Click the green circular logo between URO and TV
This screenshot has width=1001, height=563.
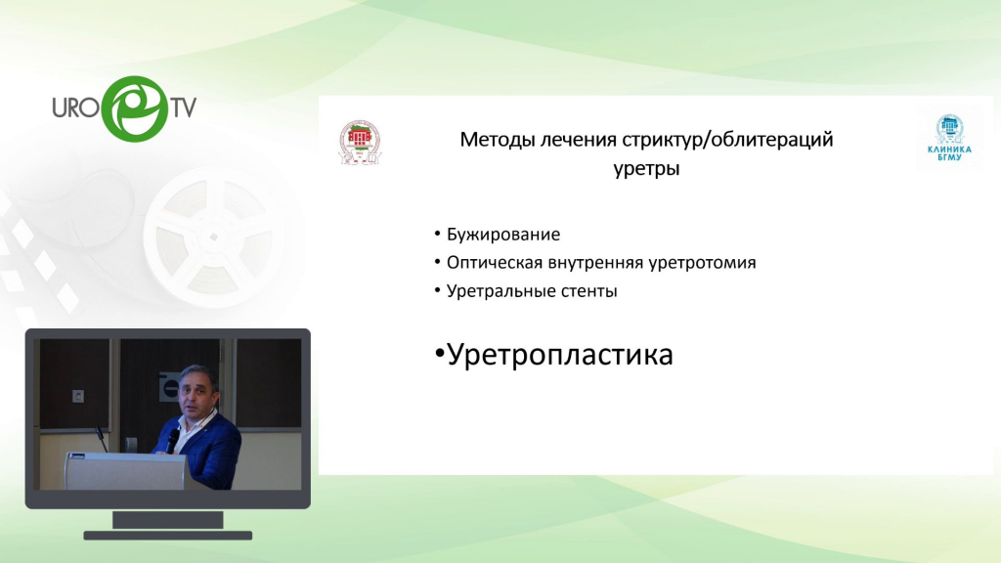134,108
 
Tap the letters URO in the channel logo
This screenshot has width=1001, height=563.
75,108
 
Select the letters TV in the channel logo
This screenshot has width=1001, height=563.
183,108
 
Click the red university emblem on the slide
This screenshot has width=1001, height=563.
360,142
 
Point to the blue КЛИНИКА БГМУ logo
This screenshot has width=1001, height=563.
949,138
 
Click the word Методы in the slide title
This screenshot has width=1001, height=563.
498,140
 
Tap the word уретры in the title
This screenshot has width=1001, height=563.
646,168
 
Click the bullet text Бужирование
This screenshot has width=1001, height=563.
503,235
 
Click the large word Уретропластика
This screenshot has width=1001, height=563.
560,354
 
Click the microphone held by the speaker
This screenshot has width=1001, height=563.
172,440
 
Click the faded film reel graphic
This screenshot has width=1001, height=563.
214,237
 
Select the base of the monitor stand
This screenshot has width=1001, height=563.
168,536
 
